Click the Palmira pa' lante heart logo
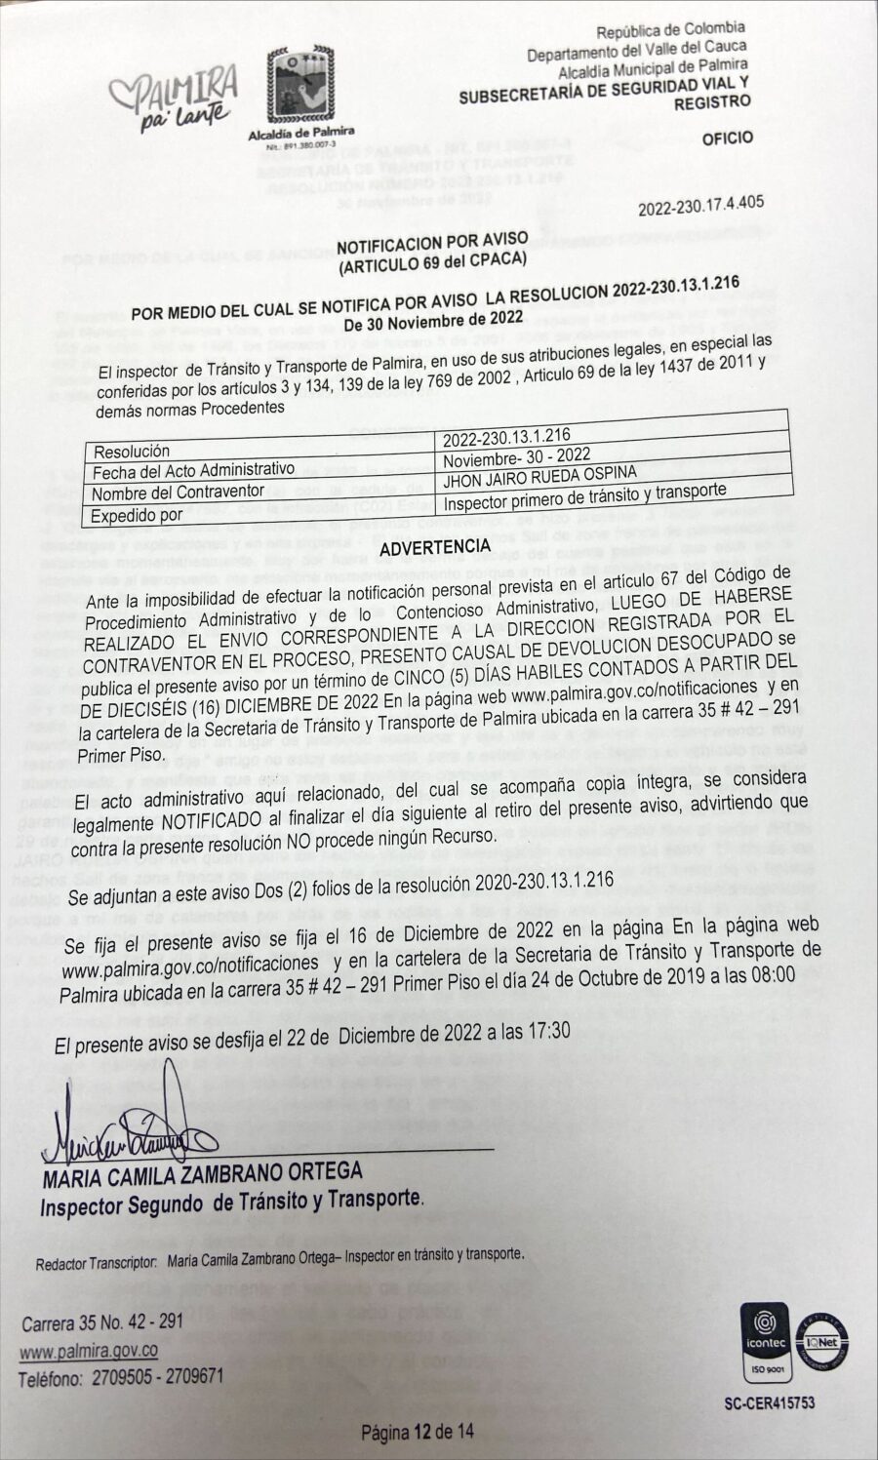click(x=172, y=98)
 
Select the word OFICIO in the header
click(x=727, y=138)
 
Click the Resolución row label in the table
click(x=132, y=452)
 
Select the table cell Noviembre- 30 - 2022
click(x=516, y=455)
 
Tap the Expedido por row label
click(x=138, y=515)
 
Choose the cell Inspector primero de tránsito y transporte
click(x=584, y=497)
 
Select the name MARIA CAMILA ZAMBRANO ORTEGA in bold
click(x=202, y=1174)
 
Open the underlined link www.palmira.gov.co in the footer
click(x=89, y=1352)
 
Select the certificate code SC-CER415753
click(x=770, y=1402)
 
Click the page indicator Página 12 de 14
click(x=418, y=1432)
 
